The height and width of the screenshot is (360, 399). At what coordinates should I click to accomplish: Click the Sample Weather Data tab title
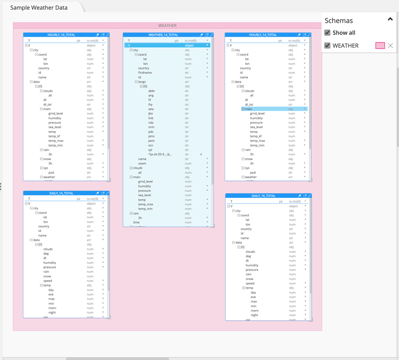click(39, 8)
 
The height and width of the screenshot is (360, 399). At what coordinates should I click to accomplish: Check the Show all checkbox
click(327, 33)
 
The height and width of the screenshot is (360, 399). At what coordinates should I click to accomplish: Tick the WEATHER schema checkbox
click(327, 45)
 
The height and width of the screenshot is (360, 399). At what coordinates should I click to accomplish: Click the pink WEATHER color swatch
click(380, 45)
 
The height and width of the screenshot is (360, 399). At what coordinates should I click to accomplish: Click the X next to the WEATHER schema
click(391, 45)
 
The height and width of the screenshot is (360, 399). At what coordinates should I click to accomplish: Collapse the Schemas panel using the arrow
click(390, 19)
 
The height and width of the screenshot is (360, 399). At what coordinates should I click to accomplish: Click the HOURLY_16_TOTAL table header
click(61, 34)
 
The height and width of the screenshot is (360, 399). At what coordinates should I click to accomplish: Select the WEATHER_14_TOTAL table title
click(163, 34)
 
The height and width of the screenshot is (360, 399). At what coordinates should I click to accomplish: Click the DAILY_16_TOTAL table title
click(263, 196)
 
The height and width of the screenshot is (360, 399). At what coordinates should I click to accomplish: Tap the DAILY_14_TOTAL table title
click(61, 193)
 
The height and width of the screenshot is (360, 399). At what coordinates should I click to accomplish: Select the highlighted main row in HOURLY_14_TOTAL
click(249, 109)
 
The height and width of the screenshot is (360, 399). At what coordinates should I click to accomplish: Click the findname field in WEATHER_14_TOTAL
click(145, 72)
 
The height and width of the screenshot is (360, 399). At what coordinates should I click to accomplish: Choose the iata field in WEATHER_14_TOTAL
click(151, 109)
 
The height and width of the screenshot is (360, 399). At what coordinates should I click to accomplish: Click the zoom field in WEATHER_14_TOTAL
click(142, 163)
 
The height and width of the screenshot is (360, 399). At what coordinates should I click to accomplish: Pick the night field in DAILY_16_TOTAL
click(255, 315)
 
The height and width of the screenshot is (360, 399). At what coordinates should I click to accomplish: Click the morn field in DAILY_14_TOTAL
click(52, 308)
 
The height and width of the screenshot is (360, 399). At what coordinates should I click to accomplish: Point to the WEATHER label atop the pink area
click(167, 26)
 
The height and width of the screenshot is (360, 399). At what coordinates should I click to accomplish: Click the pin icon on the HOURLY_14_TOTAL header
click(299, 34)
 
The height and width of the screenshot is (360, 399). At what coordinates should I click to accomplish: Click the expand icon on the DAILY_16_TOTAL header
click(310, 196)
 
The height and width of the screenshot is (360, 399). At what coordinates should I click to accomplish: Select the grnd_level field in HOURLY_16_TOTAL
click(55, 114)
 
